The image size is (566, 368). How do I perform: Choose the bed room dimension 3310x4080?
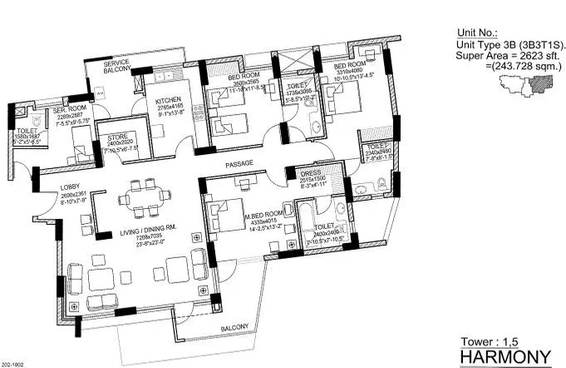click(348, 72)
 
